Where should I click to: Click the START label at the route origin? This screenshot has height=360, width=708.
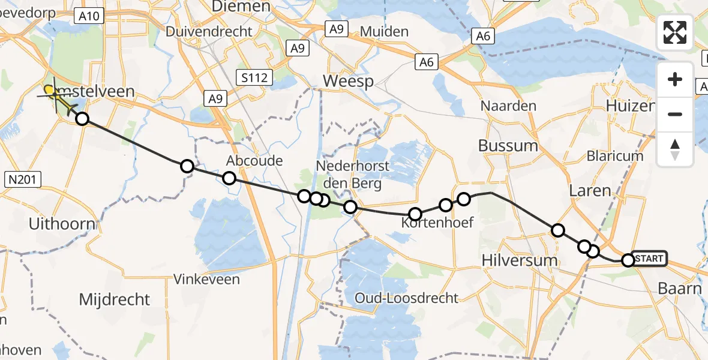649,259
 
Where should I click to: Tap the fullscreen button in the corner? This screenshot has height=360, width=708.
675,32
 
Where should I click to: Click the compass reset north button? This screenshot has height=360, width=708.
675,149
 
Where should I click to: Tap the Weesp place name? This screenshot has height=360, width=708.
348,81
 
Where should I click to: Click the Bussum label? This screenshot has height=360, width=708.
508,145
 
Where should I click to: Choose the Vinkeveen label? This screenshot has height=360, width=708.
206,279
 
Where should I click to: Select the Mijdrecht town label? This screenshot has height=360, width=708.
114,299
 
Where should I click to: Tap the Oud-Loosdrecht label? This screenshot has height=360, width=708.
406,298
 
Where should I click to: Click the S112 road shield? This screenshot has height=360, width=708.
254,77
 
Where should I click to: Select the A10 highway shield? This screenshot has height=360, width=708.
89,16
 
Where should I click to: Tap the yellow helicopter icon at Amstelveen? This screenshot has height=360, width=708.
58,97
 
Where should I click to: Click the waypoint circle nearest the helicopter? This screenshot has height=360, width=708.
82,119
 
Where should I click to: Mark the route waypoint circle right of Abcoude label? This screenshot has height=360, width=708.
304,196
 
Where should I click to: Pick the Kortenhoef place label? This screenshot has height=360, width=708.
437,223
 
